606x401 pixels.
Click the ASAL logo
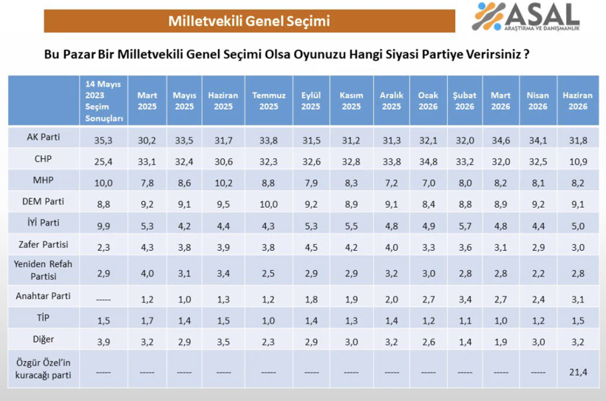tap(525, 16)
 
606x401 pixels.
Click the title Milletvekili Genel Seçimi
tap(249, 21)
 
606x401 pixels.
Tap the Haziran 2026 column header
tap(578, 101)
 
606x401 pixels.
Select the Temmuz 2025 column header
tap(268, 101)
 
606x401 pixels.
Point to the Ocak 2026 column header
tap(428, 101)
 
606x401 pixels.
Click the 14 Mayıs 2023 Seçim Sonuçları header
tap(103, 101)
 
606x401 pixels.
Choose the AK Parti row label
tap(44, 137)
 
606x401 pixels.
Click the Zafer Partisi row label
tap(44, 245)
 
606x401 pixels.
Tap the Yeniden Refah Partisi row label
tap(44, 270)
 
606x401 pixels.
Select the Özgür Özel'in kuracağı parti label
tap(44, 369)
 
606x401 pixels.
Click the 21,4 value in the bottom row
tap(578, 372)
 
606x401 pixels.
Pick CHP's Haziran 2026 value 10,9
tap(578, 162)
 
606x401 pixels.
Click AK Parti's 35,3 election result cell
tap(103, 141)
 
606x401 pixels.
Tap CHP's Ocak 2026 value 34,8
tap(429, 162)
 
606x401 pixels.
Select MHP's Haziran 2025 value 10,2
tap(223, 183)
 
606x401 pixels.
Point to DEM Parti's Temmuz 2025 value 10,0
tap(268, 204)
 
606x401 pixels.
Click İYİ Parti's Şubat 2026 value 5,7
tap(465, 226)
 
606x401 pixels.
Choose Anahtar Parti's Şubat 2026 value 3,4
tap(465, 299)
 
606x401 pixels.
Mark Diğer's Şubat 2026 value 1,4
tap(465, 342)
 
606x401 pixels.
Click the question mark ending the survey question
tap(526, 54)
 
